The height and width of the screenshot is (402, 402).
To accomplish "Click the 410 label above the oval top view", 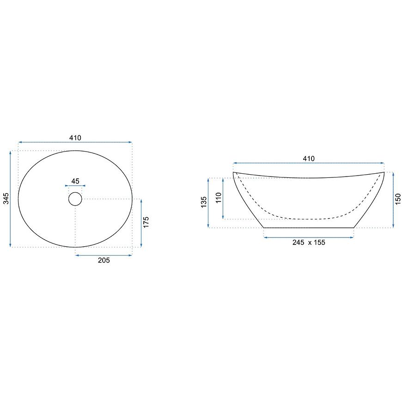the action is point(75,138).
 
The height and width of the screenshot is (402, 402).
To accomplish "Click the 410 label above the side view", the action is point(309,158).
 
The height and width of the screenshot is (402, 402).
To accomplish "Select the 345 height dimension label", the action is point(6,199).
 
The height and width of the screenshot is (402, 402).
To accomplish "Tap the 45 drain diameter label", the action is point(75,181).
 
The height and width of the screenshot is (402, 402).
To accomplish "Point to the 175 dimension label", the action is point(146,222).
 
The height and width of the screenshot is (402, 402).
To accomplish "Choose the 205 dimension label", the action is point(104,260).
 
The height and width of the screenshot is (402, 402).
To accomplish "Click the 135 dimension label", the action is point(204,202).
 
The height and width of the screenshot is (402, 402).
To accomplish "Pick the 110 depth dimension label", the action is point(219,198).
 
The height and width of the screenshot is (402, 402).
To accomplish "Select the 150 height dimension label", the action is point(398,199).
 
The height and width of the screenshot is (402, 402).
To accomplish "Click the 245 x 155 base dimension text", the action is point(309,243).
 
